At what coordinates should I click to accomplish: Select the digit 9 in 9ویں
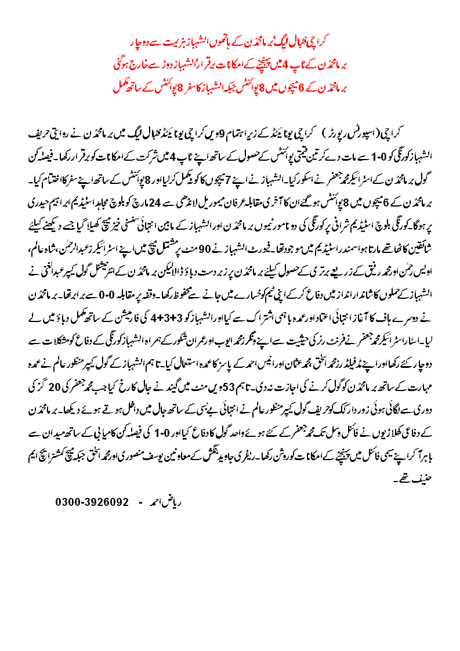click(x=208, y=136)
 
